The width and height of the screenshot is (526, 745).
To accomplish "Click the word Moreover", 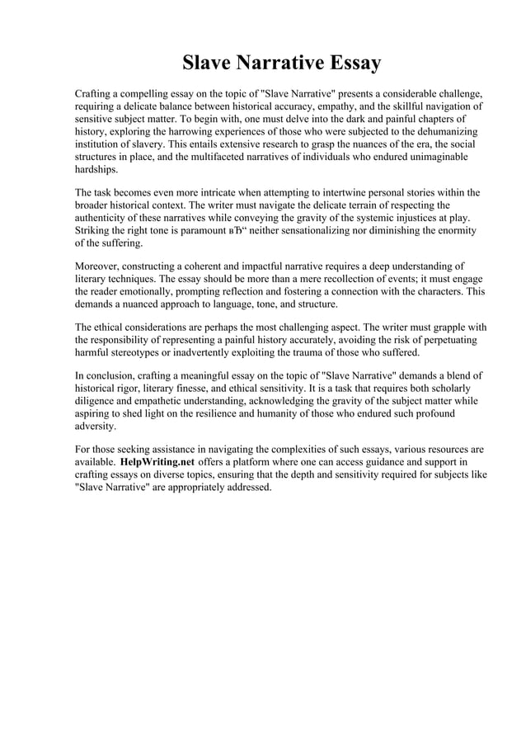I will pos(100,266).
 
